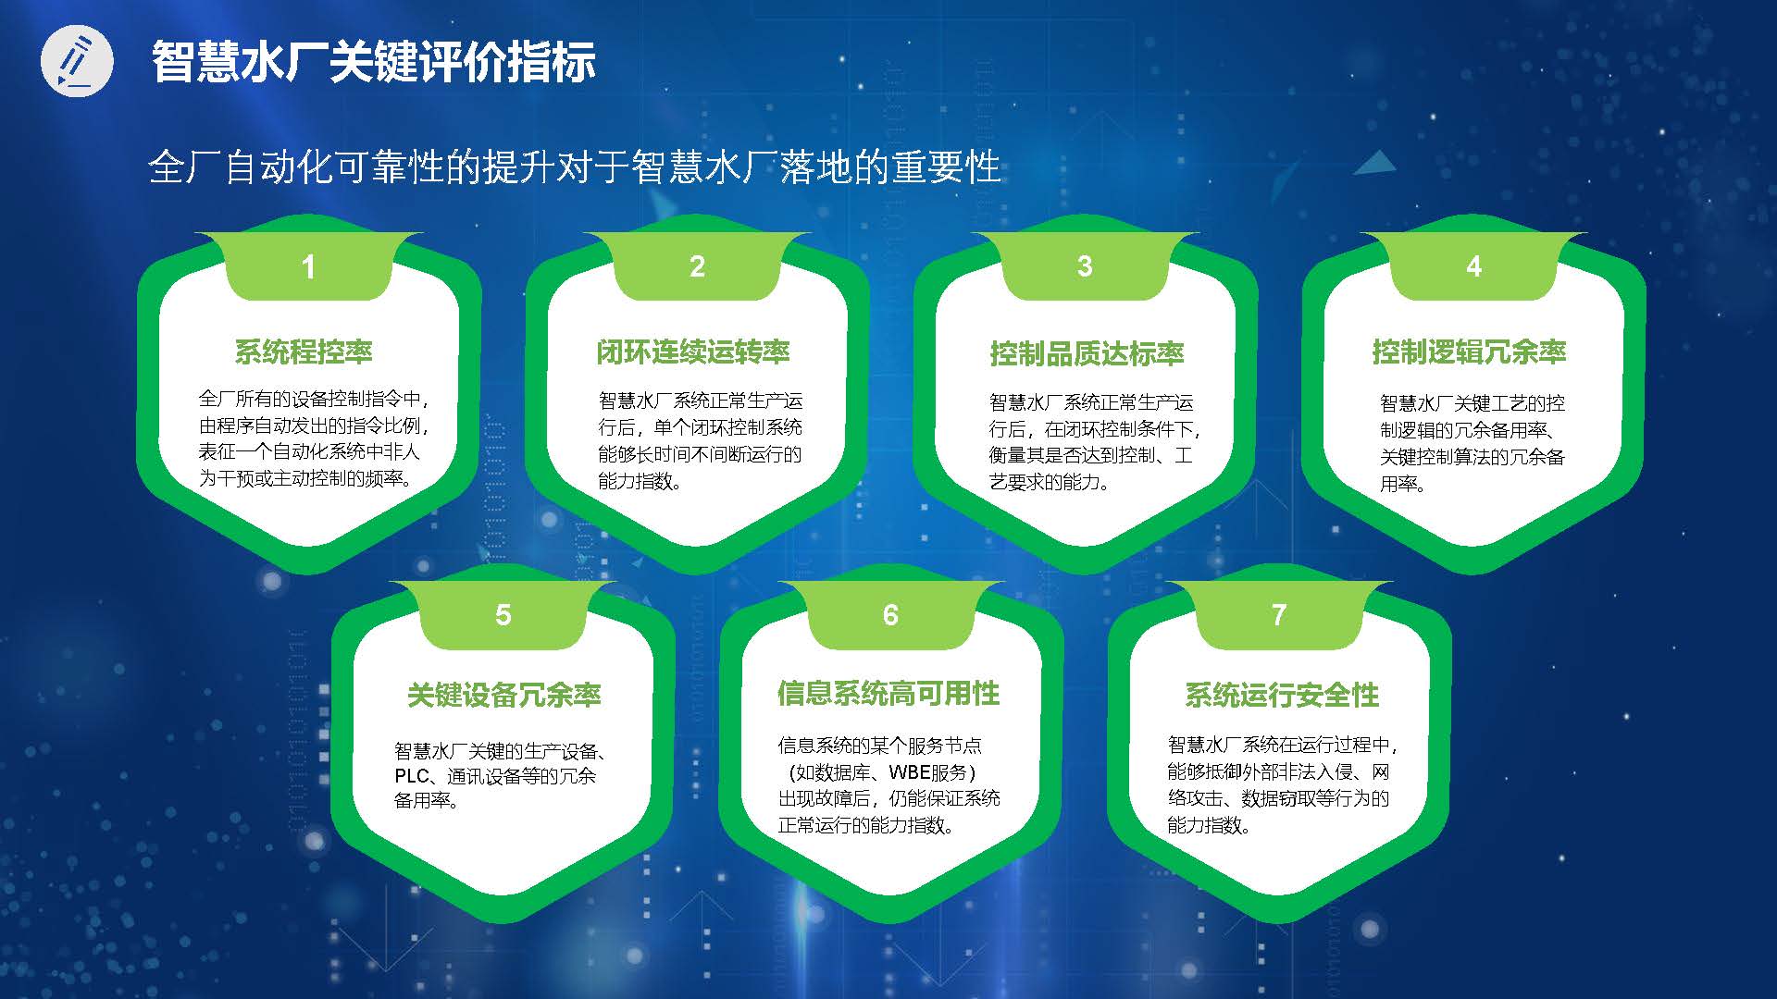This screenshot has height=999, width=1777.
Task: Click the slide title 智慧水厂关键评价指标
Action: tap(373, 62)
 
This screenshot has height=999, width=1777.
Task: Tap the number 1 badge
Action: tap(308, 266)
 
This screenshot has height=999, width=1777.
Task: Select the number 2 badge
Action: tap(697, 266)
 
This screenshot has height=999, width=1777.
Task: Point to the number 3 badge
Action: tap(1085, 266)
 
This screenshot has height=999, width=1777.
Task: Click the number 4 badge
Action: tap(1473, 266)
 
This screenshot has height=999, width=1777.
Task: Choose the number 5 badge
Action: tap(503, 615)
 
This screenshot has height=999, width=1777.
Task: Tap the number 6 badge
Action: tap(890, 615)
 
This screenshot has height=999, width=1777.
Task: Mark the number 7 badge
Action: tap(1279, 615)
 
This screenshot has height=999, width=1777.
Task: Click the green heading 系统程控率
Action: tap(304, 351)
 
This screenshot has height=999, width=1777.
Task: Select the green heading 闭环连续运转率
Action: tap(693, 351)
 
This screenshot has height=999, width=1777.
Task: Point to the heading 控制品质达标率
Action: tap(1087, 353)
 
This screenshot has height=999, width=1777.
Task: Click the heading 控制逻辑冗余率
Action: tap(1469, 351)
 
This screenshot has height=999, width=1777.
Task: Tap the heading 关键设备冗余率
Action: tap(504, 695)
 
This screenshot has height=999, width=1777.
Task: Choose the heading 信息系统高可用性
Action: tap(888, 694)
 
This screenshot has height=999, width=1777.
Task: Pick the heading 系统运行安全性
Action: tap(1282, 695)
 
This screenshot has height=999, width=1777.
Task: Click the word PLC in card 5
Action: tap(413, 776)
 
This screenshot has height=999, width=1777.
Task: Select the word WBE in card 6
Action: tap(909, 772)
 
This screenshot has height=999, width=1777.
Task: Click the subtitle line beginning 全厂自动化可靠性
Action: tap(575, 167)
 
